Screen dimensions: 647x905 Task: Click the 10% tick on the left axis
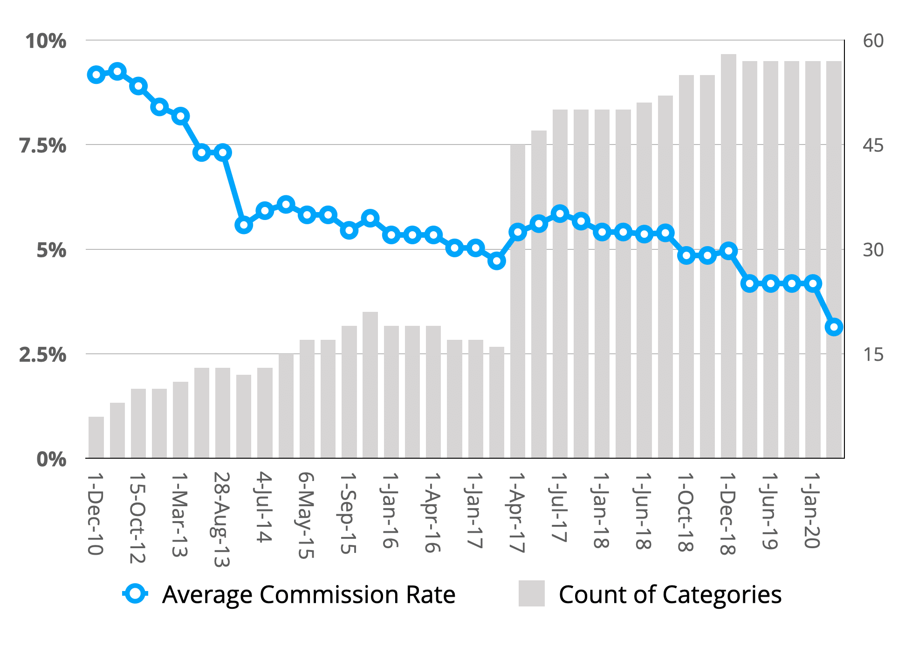pyautogui.click(x=46, y=41)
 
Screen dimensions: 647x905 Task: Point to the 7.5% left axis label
pyautogui.click(x=43, y=146)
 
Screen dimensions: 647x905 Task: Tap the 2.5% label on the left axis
pyautogui.click(x=43, y=355)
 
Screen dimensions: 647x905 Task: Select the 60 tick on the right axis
pyautogui.click(x=873, y=41)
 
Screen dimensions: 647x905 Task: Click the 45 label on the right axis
pyautogui.click(x=873, y=146)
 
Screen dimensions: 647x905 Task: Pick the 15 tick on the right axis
pyautogui.click(x=873, y=355)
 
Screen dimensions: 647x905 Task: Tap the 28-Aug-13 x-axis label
pyautogui.click(x=222, y=519)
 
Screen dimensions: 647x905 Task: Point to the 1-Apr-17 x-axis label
pyautogui.click(x=517, y=513)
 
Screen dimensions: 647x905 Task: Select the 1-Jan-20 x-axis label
pyautogui.click(x=812, y=510)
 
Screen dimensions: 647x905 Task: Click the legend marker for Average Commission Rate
pyautogui.click(x=136, y=594)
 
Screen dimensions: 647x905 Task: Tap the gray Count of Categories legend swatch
pyautogui.click(x=531, y=593)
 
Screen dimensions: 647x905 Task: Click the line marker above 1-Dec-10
pyautogui.click(x=96, y=75)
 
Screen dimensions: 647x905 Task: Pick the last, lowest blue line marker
pyautogui.click(x=834, y=327)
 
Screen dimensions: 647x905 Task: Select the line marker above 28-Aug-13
pyautogui.click(x=223, y=152)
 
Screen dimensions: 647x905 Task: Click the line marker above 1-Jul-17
pyautogui.click(x=560, y=214)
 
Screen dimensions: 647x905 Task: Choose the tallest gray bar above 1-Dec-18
pyautogui.click(x=728, y=256)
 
